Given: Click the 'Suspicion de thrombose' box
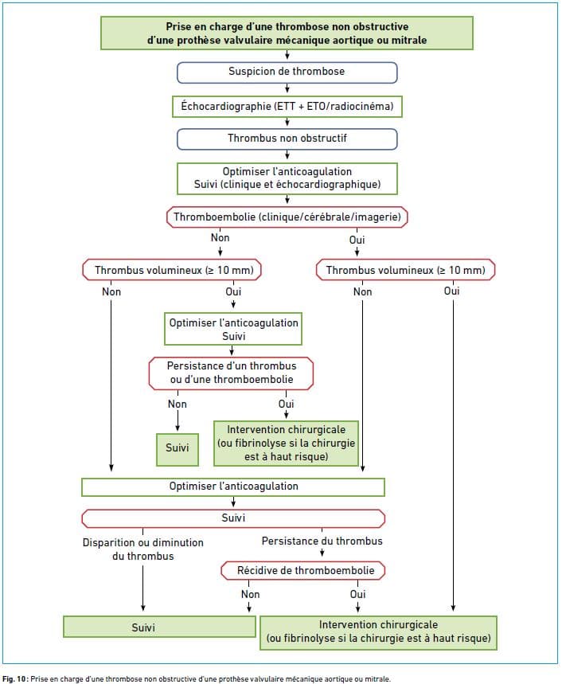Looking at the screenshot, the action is (287, 72).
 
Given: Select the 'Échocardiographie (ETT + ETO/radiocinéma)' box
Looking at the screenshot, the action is (287, 107).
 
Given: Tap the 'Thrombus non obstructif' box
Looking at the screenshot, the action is (287, 139).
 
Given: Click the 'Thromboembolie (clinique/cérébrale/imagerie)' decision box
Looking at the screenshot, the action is (287, 217).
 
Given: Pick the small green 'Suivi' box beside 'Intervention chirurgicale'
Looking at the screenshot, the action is (178, 450).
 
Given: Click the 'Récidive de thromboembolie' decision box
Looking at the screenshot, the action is (303, 571).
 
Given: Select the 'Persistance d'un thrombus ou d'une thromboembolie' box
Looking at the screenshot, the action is (231, 373).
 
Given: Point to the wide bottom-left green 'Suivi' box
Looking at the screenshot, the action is (159, 627).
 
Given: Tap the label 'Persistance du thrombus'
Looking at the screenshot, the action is (322, 541).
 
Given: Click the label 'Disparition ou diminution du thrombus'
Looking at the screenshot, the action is (143, 549).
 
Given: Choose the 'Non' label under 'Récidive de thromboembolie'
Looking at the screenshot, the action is (250, 594).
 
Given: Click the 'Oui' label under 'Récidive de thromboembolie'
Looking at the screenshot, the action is (357, 594).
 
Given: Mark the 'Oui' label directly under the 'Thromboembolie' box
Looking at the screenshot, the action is (357, 240).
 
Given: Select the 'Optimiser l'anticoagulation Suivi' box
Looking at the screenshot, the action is (232, 329).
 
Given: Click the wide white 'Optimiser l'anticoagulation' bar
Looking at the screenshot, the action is (232, 487).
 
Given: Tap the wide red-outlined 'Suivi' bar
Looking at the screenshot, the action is (233, 518).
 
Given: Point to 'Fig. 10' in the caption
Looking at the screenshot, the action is (15, 678).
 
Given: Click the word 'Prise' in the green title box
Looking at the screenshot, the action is (179, 26).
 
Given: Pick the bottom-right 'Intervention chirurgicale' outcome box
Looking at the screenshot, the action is (378, 633).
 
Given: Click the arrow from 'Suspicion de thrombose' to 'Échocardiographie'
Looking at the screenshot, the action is (287, 88).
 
